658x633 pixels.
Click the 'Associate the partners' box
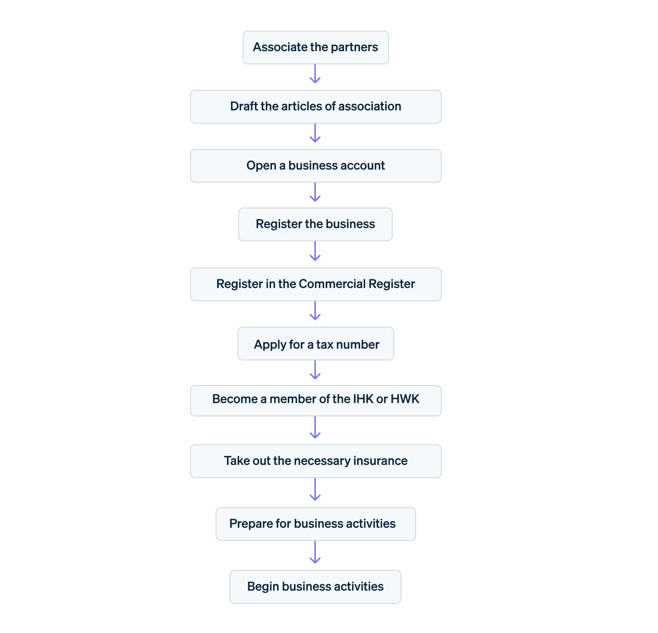(x=315, y=48)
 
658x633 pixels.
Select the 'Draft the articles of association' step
(x=315, y=107)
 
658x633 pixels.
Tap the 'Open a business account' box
(x=315, y=166)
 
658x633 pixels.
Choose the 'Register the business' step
(x=315, y=224)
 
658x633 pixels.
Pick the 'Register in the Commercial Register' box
(x=315, y=284)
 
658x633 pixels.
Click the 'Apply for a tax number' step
(x=315, y=344)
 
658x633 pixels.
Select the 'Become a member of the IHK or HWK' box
(x=315, y=401)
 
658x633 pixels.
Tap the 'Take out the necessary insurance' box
(x=315, y=461)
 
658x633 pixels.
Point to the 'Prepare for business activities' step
(x=315, y=524)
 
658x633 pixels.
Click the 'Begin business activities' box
(x=315, y=587)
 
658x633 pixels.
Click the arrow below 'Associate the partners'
(x=315, y=74)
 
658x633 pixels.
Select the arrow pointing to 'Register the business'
(x=315, y=193)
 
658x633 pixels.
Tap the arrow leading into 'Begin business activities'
(x=315, y=553)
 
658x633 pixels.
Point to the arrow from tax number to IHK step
(x=315, y=370)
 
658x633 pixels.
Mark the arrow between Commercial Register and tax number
(x=315, y=311)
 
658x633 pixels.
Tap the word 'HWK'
(x=405, y=399)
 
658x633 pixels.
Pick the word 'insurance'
(x=380, y=461)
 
